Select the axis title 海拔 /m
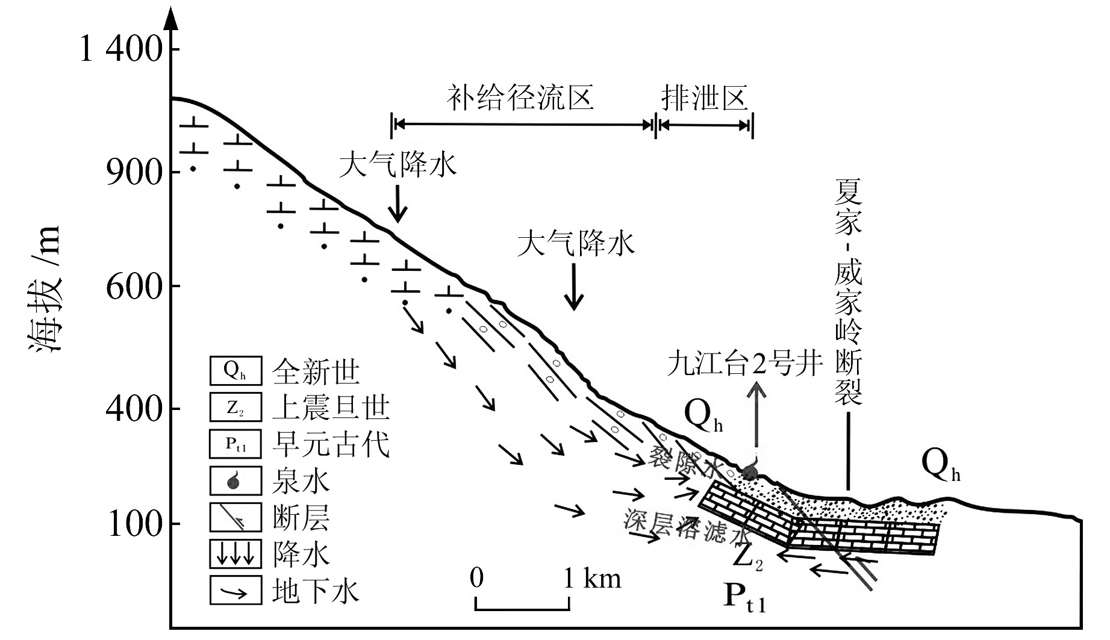coord(45,289)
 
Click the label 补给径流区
coord(520,98)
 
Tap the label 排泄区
coord(705,98)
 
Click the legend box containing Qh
coord(235,371)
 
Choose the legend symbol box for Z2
coord(235,407)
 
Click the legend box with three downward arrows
coord(235,553)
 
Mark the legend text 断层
coord(301,517)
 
